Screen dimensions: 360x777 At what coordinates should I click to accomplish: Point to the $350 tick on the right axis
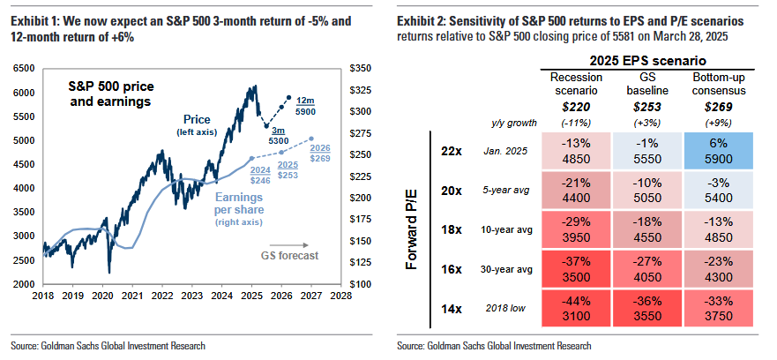[362, 68]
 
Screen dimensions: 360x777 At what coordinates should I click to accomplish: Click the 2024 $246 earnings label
[260, 176]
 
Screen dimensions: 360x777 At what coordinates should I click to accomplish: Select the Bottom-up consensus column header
[714, 84]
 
